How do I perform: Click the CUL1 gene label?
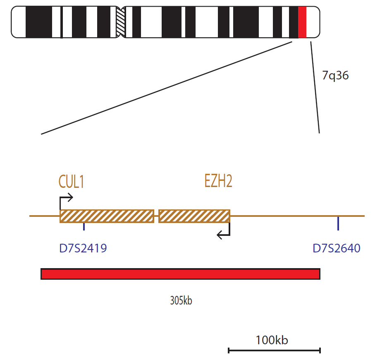coord(71,182)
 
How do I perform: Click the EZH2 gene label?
coord(218,181)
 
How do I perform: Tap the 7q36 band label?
coord(335,76)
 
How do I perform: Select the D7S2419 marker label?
coord(83,248)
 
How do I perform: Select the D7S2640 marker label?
coord(337,248)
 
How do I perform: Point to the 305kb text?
coord(181,300)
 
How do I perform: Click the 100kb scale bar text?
coord(272,340)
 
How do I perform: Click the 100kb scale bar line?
coord(274,350)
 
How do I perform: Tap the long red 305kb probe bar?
coord(181,274)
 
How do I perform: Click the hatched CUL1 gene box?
coord(107,216)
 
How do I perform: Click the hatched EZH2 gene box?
coord(194,216)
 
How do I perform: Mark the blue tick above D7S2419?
coord(84,226)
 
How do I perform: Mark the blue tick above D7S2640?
coord(338,223)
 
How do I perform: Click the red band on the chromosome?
coord(302,22)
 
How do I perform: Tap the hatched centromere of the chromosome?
coord(121,22)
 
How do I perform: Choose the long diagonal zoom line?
coord(167,88)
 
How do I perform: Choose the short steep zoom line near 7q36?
coord(315,87)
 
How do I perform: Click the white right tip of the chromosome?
coord(313,22)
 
